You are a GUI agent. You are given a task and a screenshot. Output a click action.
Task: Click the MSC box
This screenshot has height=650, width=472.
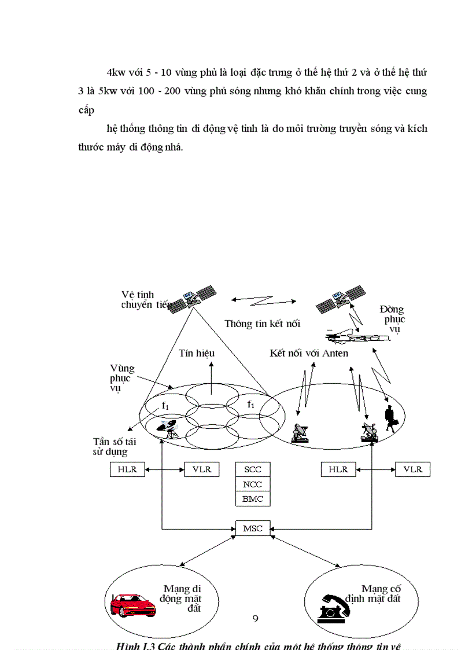click(x=253, y=528)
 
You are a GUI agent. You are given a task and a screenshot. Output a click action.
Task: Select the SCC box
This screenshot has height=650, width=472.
click(x=253, y=469)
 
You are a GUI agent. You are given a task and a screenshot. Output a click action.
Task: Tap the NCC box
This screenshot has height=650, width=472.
click(x=253, y=484)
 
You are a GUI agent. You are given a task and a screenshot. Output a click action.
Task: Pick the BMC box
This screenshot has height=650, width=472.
click(x=253, y=498)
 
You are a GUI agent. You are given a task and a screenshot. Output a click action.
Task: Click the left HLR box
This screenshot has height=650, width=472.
click(x=127, y=469)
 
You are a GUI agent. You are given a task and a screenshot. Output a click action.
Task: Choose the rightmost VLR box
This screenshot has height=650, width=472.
click(x=412, y=469)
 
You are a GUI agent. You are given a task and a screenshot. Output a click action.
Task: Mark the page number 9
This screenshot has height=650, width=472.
click(x=255, y=619)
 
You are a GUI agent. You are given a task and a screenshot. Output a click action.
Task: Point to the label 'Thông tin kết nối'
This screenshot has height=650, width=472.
click(x=262, y=324)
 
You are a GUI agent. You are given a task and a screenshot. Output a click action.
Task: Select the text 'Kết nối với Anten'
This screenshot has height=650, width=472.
click(x=309, y=352)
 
